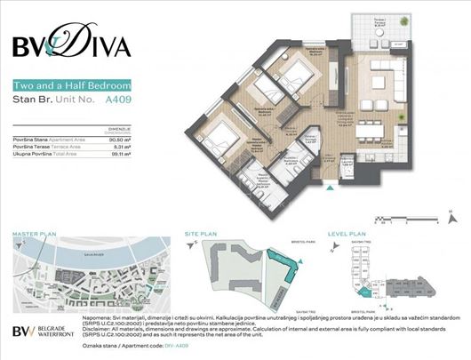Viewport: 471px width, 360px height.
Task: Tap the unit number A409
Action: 117,102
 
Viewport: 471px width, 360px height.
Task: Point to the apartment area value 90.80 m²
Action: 119,139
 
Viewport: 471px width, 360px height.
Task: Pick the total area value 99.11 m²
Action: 121,154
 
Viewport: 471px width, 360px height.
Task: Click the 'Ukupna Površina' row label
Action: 32,154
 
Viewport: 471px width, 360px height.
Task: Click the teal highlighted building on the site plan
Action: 288,270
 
